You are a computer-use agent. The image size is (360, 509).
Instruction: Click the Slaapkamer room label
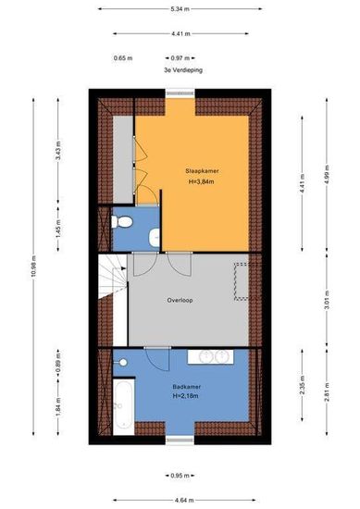click(x=202, y=171)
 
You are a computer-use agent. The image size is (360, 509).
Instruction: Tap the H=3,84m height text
click(x=201, y=181)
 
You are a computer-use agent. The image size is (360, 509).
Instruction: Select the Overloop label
click(x=180, y=300)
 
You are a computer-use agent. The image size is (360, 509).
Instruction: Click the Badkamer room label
click(x=187, y=387)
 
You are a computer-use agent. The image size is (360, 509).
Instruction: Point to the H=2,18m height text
click(x=186, y=396)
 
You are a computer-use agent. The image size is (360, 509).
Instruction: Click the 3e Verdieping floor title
click(x=183, y=69)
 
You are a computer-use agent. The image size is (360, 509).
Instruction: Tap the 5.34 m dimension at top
click(x=180, y=9)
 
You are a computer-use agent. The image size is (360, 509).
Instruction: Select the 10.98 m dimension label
click(x=34, y=267)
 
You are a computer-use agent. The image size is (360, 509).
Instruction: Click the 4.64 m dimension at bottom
click(x=184, y=501)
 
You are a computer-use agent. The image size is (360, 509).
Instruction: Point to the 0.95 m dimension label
click(x=180, y=476)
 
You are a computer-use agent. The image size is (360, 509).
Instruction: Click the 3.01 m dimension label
click(x=328, y=300)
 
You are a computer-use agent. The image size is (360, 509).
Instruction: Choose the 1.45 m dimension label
click(x=58, y=229)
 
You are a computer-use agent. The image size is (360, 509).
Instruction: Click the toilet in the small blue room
click(x=122, y=222)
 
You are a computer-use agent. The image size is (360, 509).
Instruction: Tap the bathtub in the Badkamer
click(x=124, y=405)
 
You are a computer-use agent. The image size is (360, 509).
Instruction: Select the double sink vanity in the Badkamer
click(x=210, y=356)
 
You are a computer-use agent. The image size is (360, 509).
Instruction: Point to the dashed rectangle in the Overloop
click(x=242, y=281)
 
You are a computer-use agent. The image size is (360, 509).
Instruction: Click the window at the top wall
click(x=180, y=93)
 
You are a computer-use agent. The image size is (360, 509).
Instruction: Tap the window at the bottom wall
click(x=180, y=441)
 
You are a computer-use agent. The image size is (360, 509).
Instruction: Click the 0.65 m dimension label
click(x=123, y=58)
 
